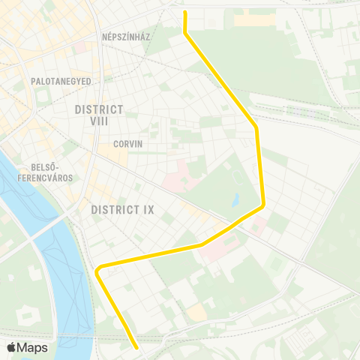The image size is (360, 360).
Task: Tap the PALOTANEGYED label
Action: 61,80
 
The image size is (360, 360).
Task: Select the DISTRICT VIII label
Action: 99,115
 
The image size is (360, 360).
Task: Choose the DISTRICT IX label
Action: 122,209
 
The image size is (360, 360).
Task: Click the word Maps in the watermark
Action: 32,347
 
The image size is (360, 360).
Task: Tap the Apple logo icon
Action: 11,347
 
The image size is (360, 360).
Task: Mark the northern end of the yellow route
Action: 184,12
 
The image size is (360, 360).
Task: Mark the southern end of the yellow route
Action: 136,347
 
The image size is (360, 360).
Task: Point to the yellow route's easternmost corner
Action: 263,204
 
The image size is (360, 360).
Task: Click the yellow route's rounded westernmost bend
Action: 98,270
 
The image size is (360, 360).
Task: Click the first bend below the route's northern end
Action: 185,32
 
